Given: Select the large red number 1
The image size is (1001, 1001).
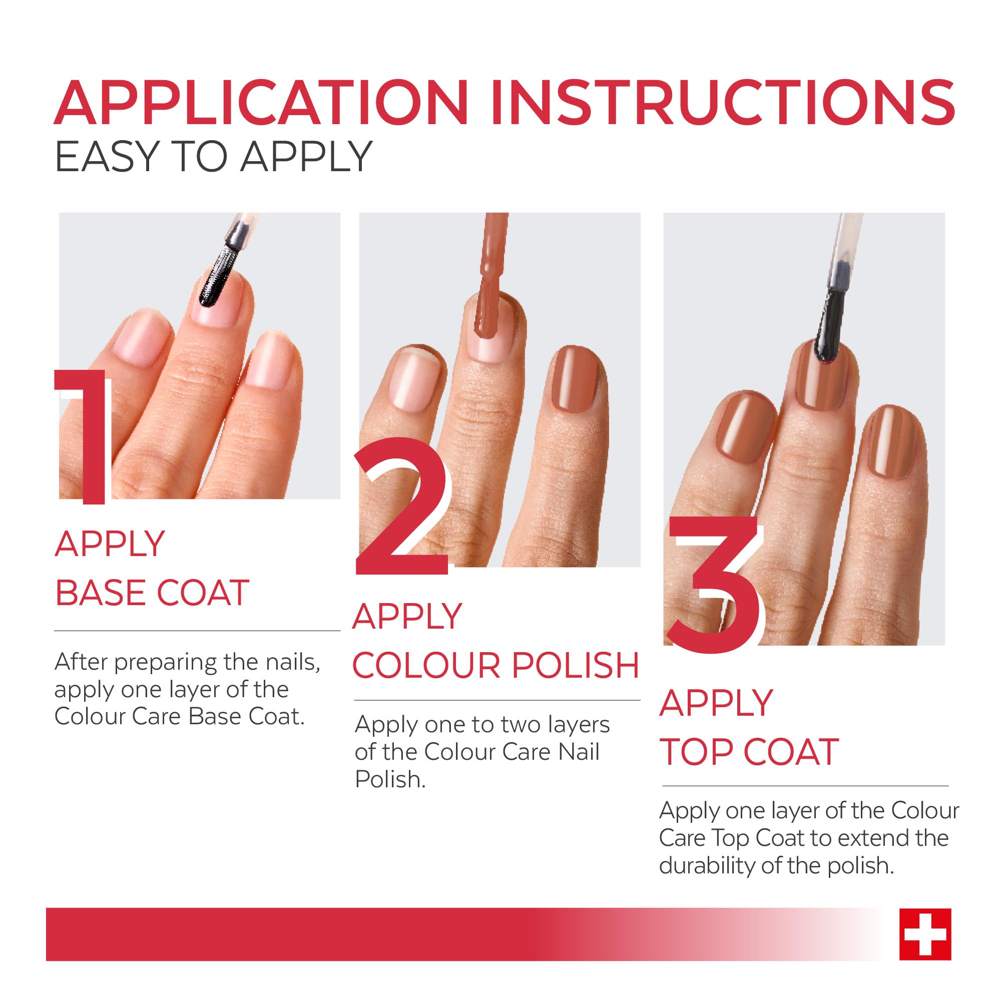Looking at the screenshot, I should [x=86, y=435].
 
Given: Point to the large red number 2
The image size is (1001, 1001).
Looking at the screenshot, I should [x=401, y=508].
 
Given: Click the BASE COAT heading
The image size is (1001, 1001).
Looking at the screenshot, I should [x=152, y=593].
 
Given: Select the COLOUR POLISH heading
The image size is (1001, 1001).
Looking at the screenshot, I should [x=496, y=665].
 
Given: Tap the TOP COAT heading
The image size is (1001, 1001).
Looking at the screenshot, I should [x=749, y=752].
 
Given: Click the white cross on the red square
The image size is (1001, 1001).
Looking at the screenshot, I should [x=925, y=934].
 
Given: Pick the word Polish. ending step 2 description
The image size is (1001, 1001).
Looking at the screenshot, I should [x=389, y=780].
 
